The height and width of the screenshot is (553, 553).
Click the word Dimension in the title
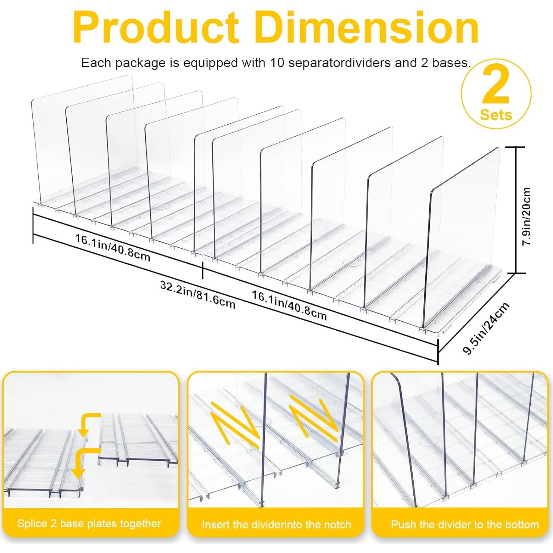[367, 28]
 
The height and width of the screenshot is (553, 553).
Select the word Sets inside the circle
[496, 115]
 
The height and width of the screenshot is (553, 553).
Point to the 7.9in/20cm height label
[527, 216]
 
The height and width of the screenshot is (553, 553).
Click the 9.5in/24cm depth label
[486, 328]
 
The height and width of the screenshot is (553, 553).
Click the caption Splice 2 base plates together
[89, 524]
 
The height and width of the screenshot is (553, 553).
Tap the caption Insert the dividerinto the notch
[276, 525]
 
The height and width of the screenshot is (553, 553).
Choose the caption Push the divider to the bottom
[465, 525]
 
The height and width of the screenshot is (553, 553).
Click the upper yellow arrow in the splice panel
[89, 423]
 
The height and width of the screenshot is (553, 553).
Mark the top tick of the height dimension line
[516, 147]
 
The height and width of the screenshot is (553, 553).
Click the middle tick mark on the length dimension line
[203, 270]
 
